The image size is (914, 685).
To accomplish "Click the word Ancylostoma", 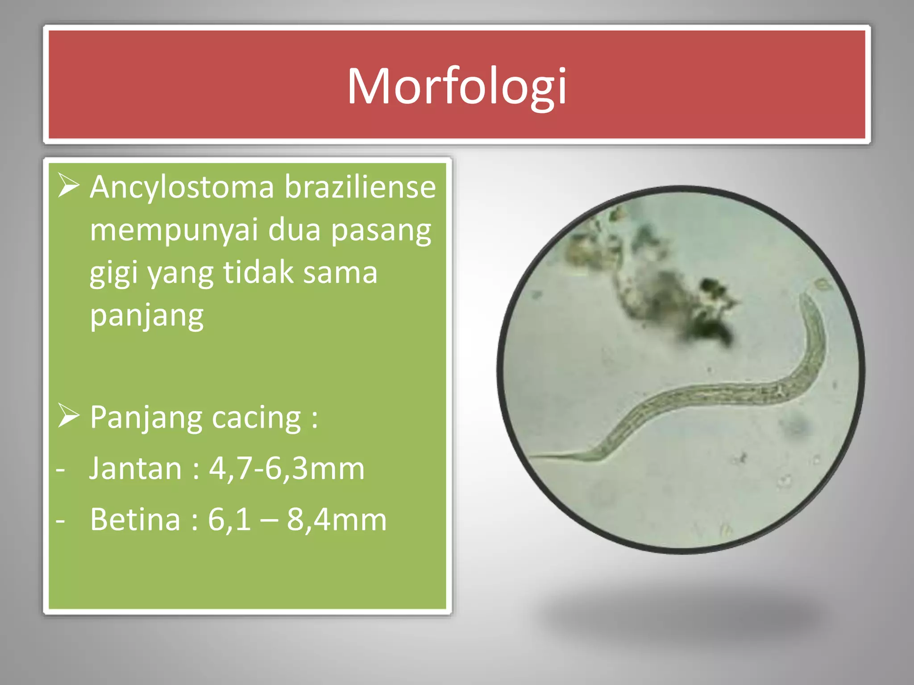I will [182, 187].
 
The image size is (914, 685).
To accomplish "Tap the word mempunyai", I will [174, 230].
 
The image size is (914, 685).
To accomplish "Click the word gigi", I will [113, 273].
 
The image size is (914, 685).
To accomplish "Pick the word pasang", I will [381, 231].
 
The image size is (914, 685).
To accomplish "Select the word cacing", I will [256, 418].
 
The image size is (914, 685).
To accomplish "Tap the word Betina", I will [135, 520].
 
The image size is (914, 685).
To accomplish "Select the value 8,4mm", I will [336, 520].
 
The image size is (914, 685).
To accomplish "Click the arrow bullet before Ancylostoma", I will [68, 186].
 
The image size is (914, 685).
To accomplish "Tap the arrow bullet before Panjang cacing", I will [68, 417].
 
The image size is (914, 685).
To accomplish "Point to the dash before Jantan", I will [61, 470].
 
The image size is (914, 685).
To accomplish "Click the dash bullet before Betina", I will [61, 520].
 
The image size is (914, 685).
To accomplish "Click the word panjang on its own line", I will [147, 316].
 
